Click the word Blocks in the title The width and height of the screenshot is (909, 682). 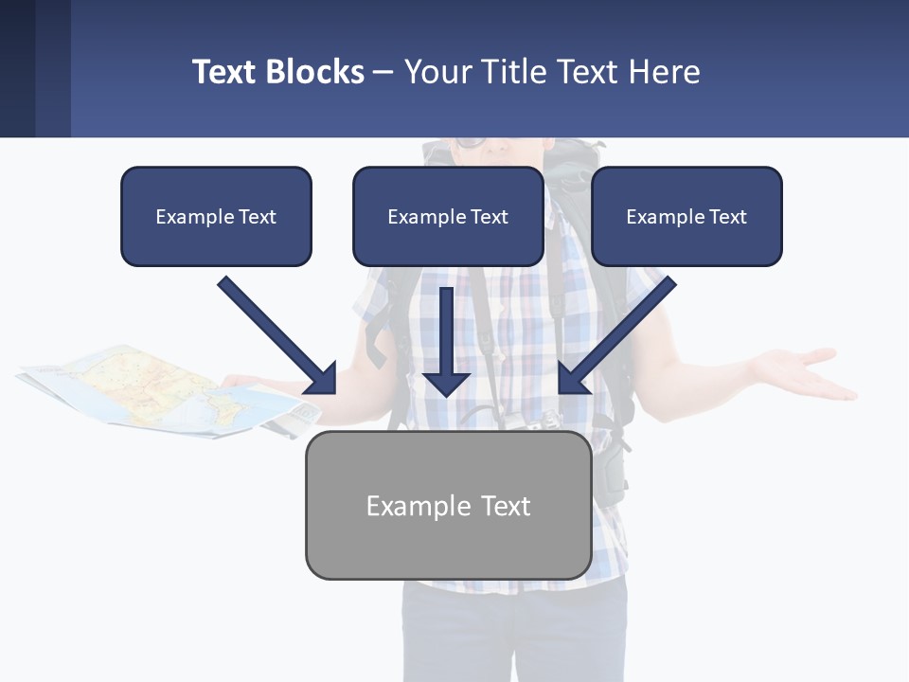(x=314, y=72)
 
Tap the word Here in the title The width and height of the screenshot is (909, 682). (x=665, y=72)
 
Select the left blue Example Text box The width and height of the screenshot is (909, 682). (x=216, y=217)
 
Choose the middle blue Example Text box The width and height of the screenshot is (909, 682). (x=448, y=217)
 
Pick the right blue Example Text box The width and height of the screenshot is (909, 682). (x=686, y=217)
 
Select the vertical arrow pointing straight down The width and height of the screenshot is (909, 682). (x=446, y=341)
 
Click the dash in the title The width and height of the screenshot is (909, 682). (x=383, y=72)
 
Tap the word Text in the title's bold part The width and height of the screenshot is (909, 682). (x=225, y=72)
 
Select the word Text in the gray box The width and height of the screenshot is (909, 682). (x=506, y=506)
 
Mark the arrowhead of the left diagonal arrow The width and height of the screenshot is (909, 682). (x=322, y=379)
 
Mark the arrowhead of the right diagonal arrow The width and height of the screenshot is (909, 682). (x=573, y=379)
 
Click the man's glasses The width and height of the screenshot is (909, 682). (x=470, y=144)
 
